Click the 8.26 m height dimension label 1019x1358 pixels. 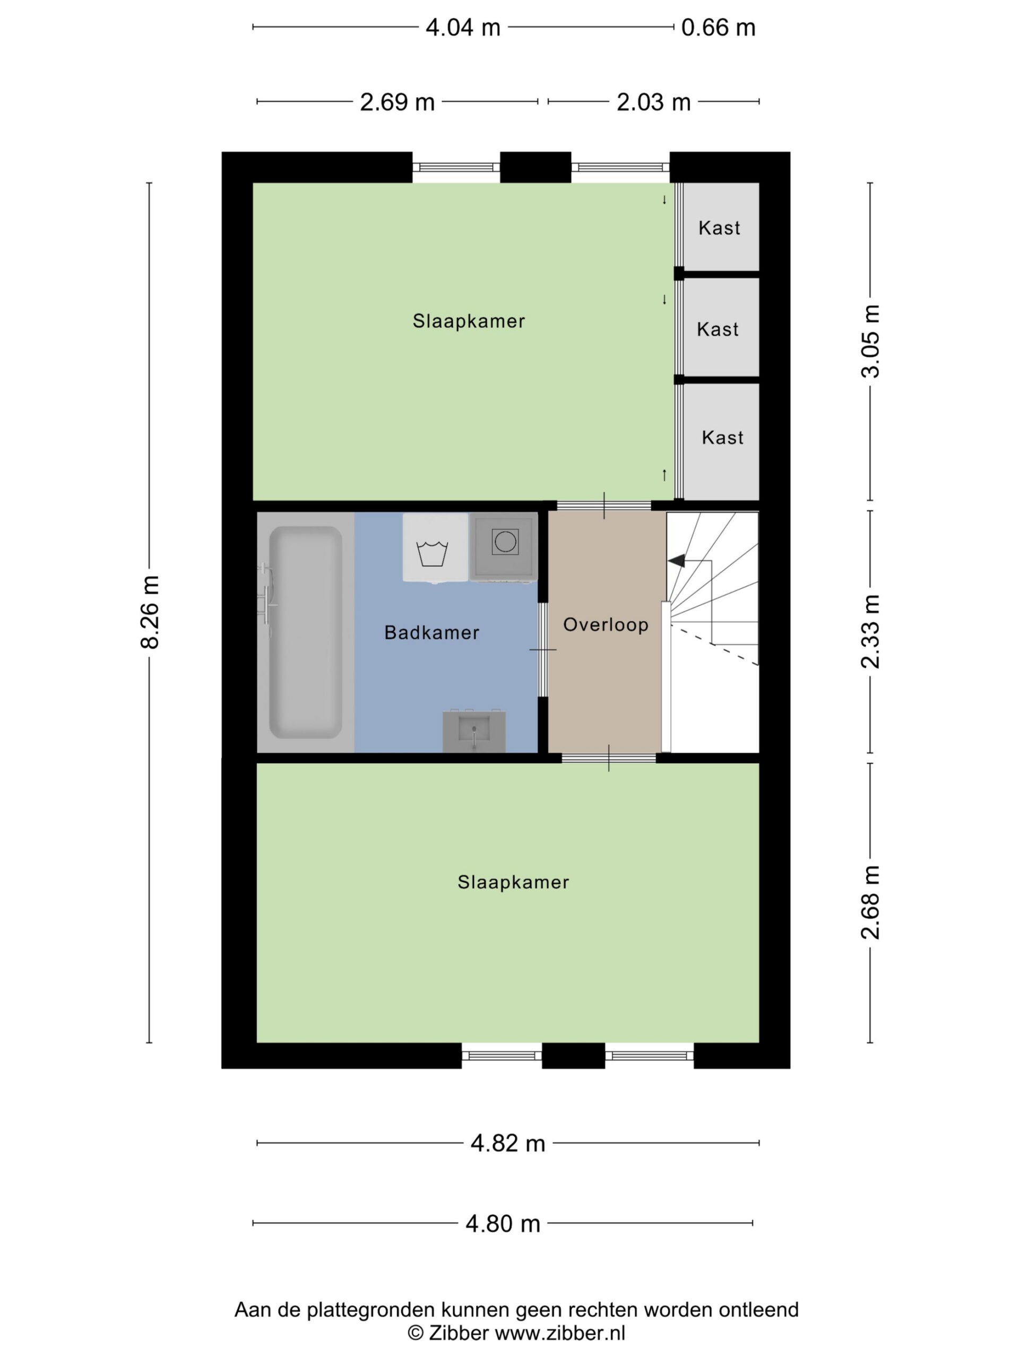point(150,612)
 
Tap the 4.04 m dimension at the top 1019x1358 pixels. point(463,28)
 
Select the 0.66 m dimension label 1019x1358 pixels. point(718,28)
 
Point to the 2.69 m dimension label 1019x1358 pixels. point(398,102)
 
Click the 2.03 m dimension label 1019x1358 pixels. point(653,102)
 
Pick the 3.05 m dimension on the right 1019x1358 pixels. point(870,341)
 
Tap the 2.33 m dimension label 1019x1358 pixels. point(870,631)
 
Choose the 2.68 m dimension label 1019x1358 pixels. point(870,902)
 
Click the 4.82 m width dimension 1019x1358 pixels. point(508,1143)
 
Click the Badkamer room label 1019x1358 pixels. point(432,632)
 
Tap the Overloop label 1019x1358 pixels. point(606,625)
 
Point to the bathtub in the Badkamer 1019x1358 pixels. point(305,632)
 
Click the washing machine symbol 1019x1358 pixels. point(436,547)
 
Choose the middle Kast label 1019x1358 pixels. point(718,329)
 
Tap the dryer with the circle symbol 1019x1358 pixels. point(504,546)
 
